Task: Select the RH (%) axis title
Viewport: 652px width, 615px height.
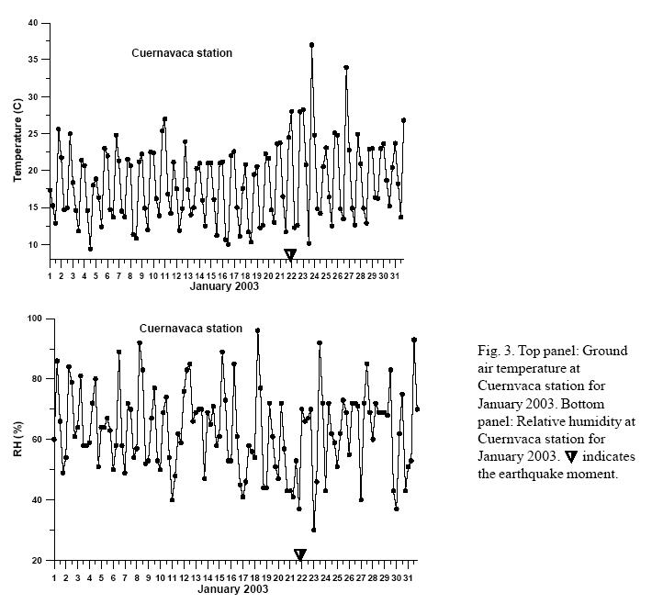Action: point(17,438)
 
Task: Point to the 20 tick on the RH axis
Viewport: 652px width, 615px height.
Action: point(36,560)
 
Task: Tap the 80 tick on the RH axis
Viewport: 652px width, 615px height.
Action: point(36,378)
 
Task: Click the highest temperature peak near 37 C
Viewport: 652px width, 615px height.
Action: point(312,44)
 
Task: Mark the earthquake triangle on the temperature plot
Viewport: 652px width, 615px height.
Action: point(290,254)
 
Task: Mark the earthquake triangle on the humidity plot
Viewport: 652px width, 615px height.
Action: point(299,553)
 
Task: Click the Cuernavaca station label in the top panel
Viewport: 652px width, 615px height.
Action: point(181,53)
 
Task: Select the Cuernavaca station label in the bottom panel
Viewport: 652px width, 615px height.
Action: point(190,328)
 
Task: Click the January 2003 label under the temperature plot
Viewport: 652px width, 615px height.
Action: point(224,285)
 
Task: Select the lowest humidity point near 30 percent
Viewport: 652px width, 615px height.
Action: point(313,530)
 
